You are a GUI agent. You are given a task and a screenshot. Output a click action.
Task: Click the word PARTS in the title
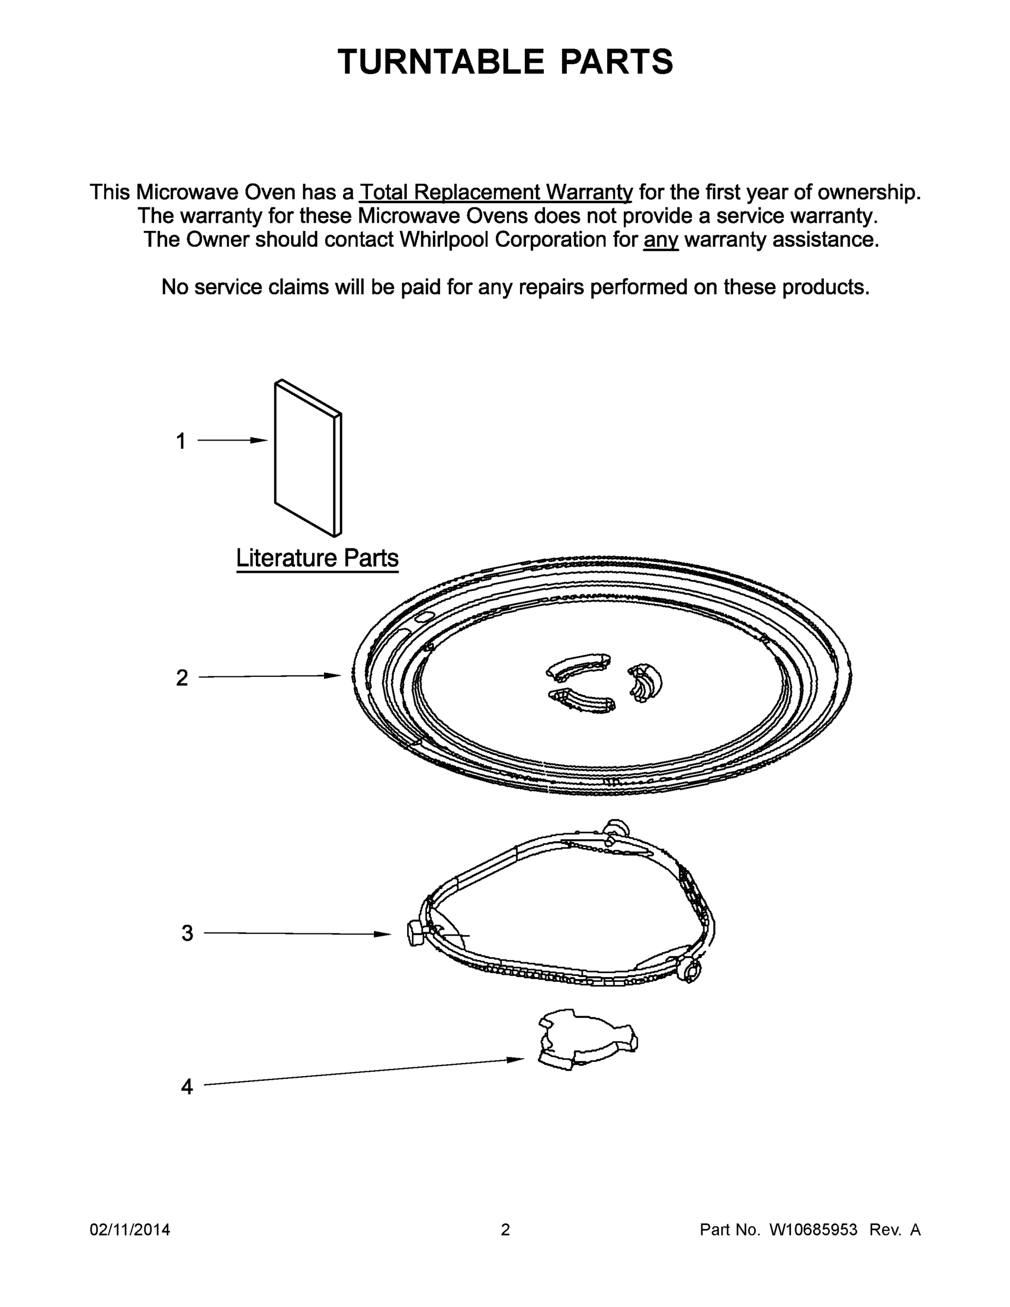pyautogui.click(x=617, y=62)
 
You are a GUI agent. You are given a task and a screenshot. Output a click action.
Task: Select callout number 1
pyautogui.click(x=181, y=442)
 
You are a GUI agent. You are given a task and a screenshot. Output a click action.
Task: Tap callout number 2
pyautogui.click(x=182, y=678)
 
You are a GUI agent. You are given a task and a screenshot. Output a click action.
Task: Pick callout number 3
pyautogui.click(x=187, y=933)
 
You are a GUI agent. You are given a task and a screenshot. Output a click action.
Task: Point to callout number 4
pyautogui.click(x=187, y=1087)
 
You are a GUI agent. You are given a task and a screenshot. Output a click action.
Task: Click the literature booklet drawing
pyautogui.click(x=307, y=458)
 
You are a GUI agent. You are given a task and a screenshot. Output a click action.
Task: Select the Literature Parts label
pyautogui.click(x=317, y=558)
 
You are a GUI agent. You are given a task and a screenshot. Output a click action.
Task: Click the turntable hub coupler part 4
pyautogui.click(x=587, y=1040)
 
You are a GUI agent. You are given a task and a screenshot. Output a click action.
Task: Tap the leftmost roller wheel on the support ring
pyautogui.click(x=415, y=933)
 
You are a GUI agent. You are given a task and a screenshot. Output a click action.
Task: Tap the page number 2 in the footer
pyautogui.click(x=505, y=1229)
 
